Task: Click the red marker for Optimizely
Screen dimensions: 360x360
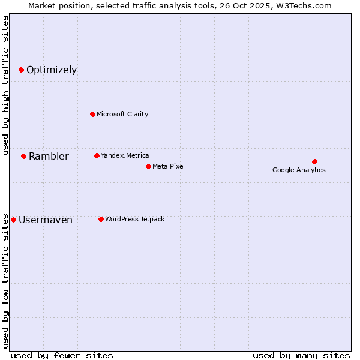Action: pos(21,70)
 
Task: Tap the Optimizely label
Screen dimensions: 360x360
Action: pos(52,70)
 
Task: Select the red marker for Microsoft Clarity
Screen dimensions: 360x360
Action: pos(92,114)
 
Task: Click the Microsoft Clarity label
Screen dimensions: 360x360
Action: pos(122,114)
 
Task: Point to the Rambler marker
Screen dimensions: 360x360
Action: pos(23,156)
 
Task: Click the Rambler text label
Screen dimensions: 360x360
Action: pos(49,157)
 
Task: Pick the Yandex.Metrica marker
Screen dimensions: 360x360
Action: pos(97,155)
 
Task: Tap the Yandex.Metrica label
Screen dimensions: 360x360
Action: pos(125,155)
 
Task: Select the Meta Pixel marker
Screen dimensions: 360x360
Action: pos(148,166)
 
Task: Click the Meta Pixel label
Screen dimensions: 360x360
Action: pos(169,166)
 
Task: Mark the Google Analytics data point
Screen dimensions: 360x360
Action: pos(314,161)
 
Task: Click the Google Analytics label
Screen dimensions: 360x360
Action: pos(299,170)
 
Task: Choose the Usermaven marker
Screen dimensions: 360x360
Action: pos(14,220)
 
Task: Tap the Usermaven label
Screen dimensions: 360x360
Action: pos(46,220)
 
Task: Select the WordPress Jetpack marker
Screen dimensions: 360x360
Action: pos(101,219)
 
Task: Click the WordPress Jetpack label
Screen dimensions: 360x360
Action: pos(135,219)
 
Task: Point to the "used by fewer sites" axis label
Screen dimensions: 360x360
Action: pos(62,355)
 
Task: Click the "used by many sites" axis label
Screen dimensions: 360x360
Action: pos(301,355)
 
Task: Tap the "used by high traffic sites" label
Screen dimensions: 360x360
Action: pos(5,85)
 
